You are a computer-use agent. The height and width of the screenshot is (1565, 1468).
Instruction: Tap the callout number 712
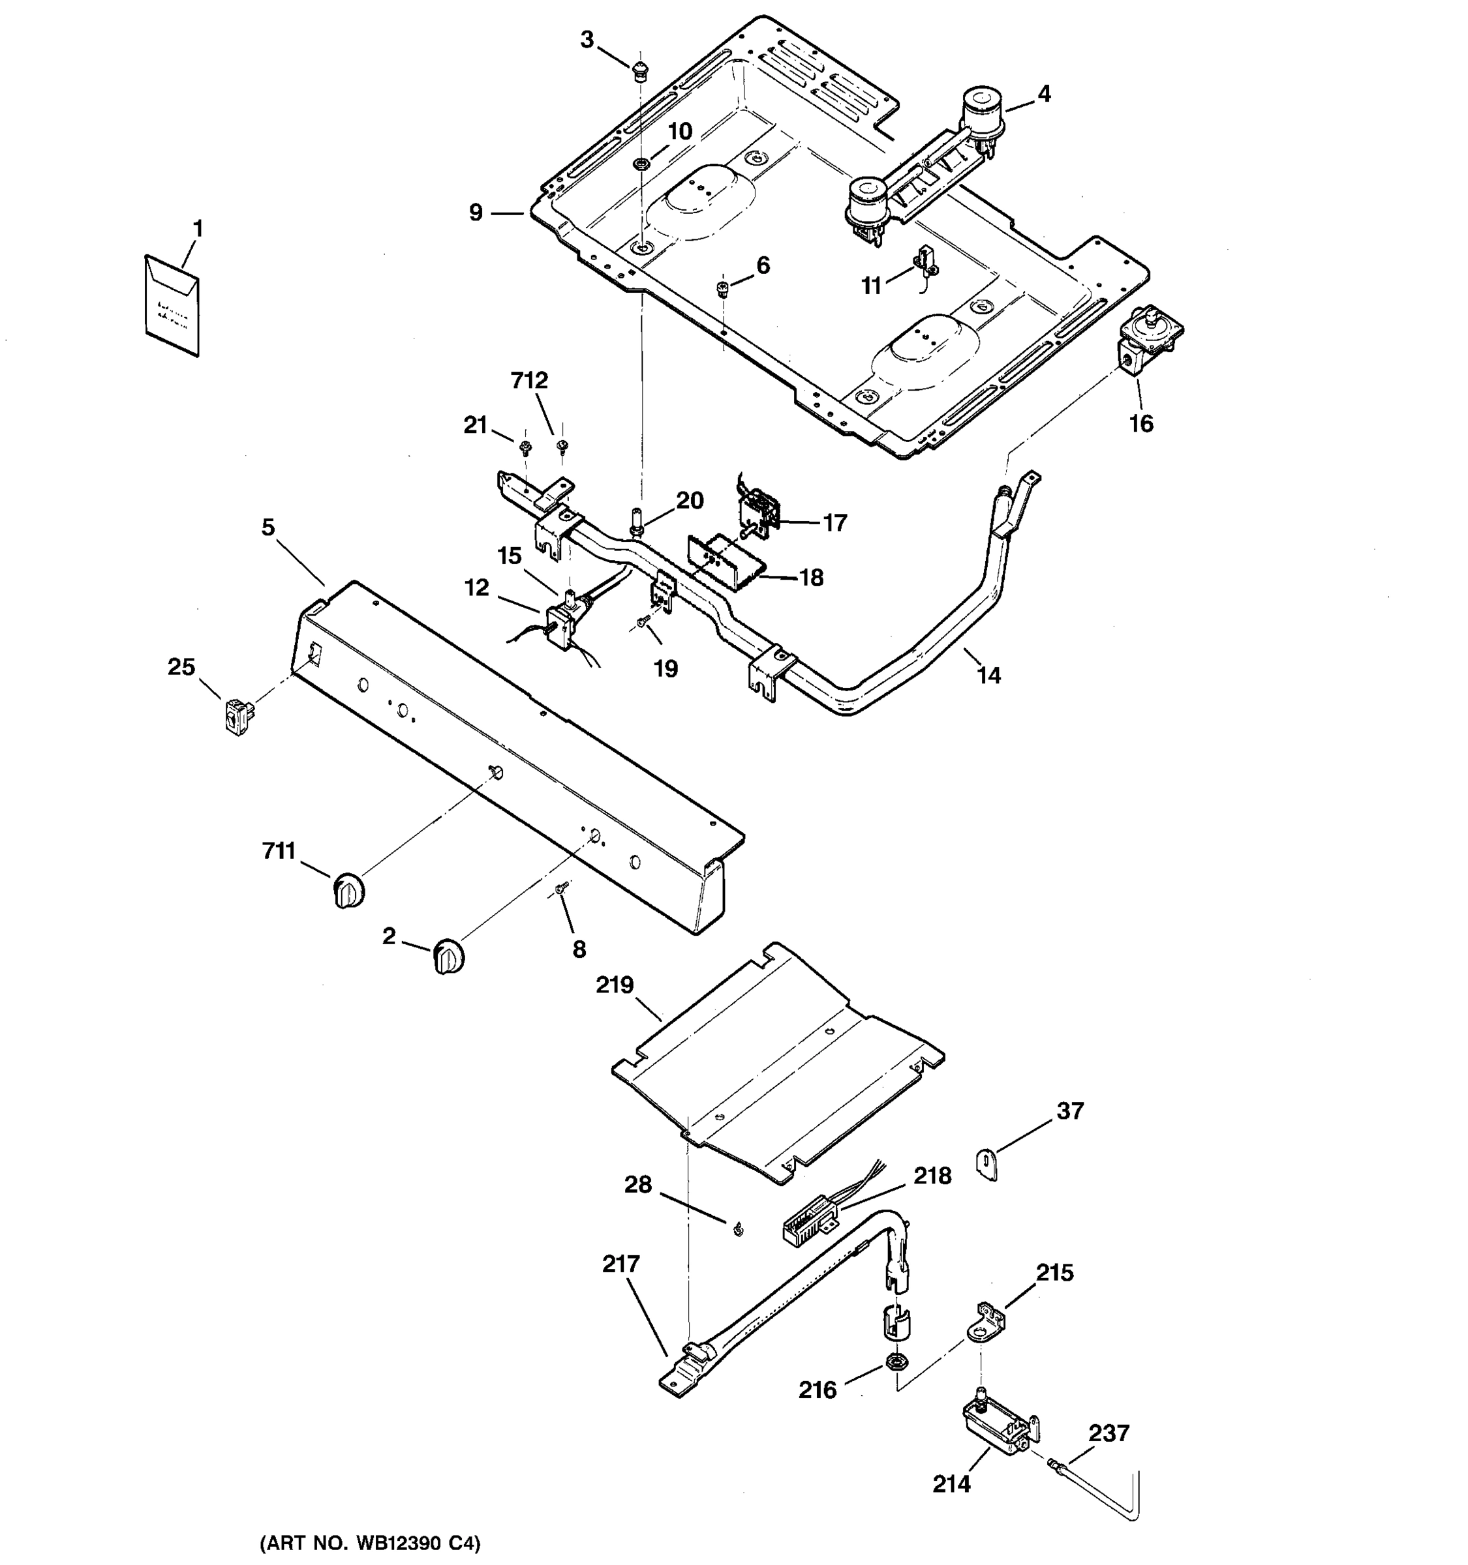click(x=529, y=381)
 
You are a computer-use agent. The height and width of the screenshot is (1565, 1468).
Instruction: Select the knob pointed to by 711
click(x=347, y=890)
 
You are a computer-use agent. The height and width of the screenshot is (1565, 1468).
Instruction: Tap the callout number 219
click(x=615, y=985)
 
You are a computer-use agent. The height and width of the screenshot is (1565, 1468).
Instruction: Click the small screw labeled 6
click(x=722, y=290)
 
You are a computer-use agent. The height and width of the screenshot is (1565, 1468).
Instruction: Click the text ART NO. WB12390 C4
click(x=370, y=1543)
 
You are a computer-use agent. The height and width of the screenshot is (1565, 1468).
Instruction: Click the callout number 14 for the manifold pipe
click(x=988, y=675)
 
